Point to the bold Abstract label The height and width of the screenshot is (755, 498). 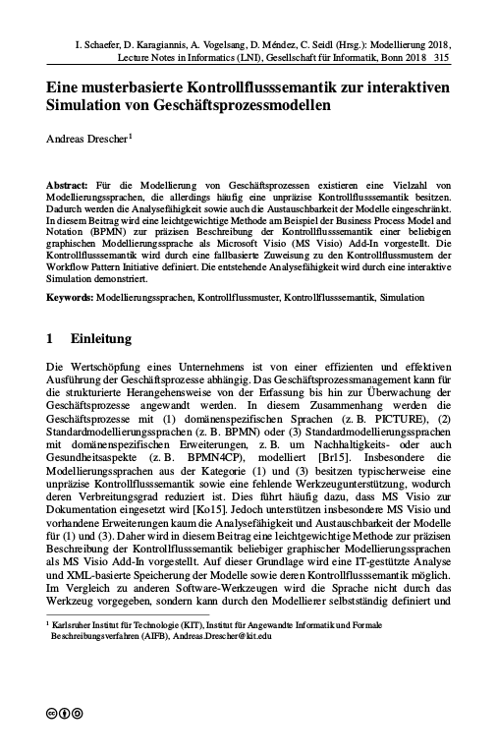tap(67, 186)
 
